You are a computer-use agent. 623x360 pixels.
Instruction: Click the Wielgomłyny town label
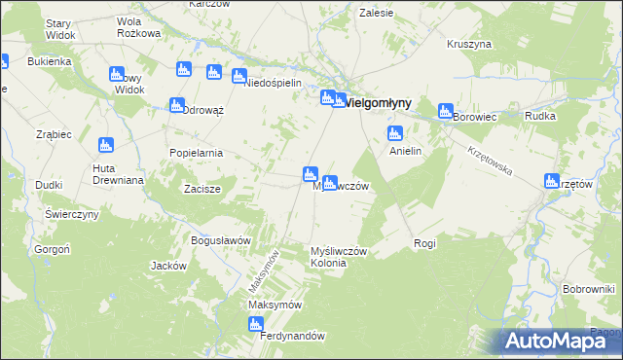379,102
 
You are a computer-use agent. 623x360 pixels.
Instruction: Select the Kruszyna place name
469,44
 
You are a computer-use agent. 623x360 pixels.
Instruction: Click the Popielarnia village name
197,153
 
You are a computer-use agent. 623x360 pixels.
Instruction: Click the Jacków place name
168,265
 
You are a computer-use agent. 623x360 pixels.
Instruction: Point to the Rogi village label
424,243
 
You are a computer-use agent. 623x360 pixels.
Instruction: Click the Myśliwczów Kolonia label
338,257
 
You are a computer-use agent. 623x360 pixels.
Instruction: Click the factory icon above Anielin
395,133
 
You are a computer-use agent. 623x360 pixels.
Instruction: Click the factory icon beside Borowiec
446,111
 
